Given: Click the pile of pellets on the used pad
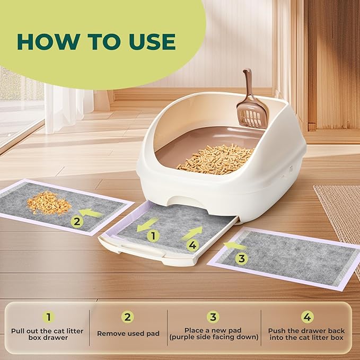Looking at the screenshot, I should pyautogui.click(x=49, y=203).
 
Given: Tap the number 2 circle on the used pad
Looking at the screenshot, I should pyautogui.click(x=77, y=221).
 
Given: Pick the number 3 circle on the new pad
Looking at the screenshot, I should pyautogui.click(x=242, y=259).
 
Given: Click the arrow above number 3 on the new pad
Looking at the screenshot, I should pyautogui.click(x=234, y=246).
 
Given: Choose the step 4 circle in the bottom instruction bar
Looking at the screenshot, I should pyautogui.click(x=307, y=317).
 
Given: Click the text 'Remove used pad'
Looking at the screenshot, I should pyautogui.click(x=128, y=333).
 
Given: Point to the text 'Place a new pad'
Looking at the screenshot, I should pyautogui.click(x=214, y=330).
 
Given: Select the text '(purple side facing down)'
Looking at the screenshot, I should pyautogui.click(x=214, y=338).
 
